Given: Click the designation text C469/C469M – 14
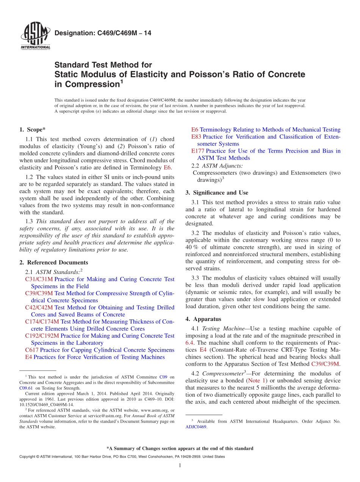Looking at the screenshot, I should pos(103,33).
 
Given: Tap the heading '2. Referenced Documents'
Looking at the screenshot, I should pos(53,262).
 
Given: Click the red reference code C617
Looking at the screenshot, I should pos(31,350).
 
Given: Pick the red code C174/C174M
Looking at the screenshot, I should pos(42,321).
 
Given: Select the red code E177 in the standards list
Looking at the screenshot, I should pos(198,151).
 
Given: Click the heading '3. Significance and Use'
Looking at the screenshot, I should pos(217,192).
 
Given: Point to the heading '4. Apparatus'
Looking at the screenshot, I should pos(203,319).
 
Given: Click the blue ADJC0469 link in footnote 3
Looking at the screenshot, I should pos(196,427).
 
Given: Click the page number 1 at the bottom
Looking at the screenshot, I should pos(180,465).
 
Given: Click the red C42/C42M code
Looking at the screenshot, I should pos(39,307).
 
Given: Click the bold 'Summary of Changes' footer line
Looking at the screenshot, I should pos(180,448).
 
